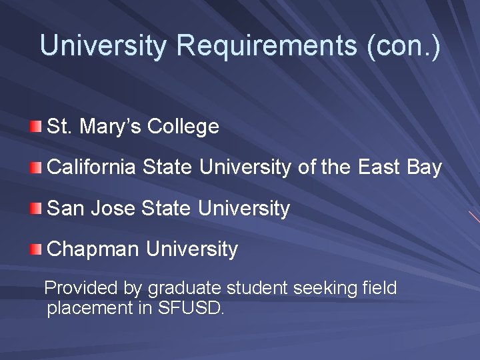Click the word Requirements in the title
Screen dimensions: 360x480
coord(267,46)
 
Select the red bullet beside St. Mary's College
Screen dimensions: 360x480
coord(36,126)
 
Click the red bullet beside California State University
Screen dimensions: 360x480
coord(36,167)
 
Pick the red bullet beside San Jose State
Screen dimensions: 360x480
coord(36,209)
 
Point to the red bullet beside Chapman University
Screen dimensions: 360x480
coord(36,250)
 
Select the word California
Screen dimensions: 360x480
coord(93,168)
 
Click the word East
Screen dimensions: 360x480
coord(379,168)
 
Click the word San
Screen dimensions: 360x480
coord(65,209)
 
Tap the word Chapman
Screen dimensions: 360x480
coord(94,250)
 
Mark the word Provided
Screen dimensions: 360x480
coord(81,289)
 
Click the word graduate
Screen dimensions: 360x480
coord(185,289)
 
